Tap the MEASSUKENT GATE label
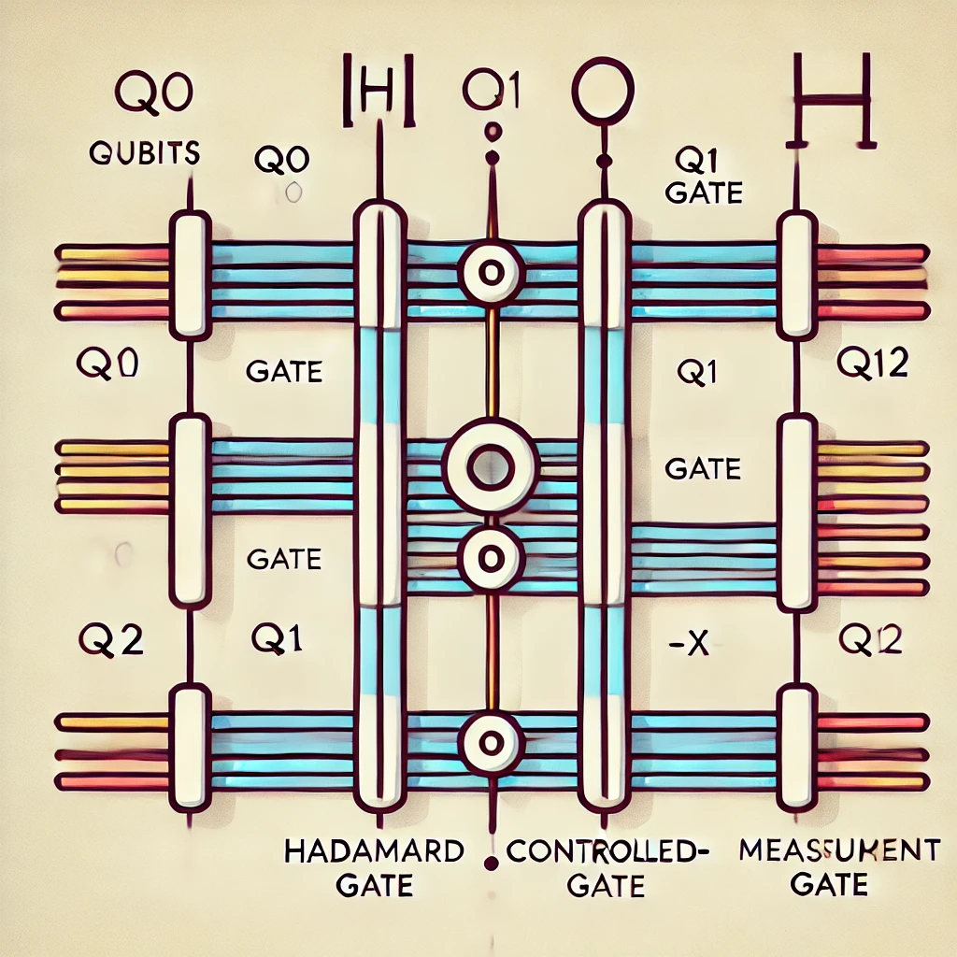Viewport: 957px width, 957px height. (838, 866)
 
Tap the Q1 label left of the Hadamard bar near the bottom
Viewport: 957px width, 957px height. (278, 640)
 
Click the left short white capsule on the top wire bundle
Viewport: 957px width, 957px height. (190, 274)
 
